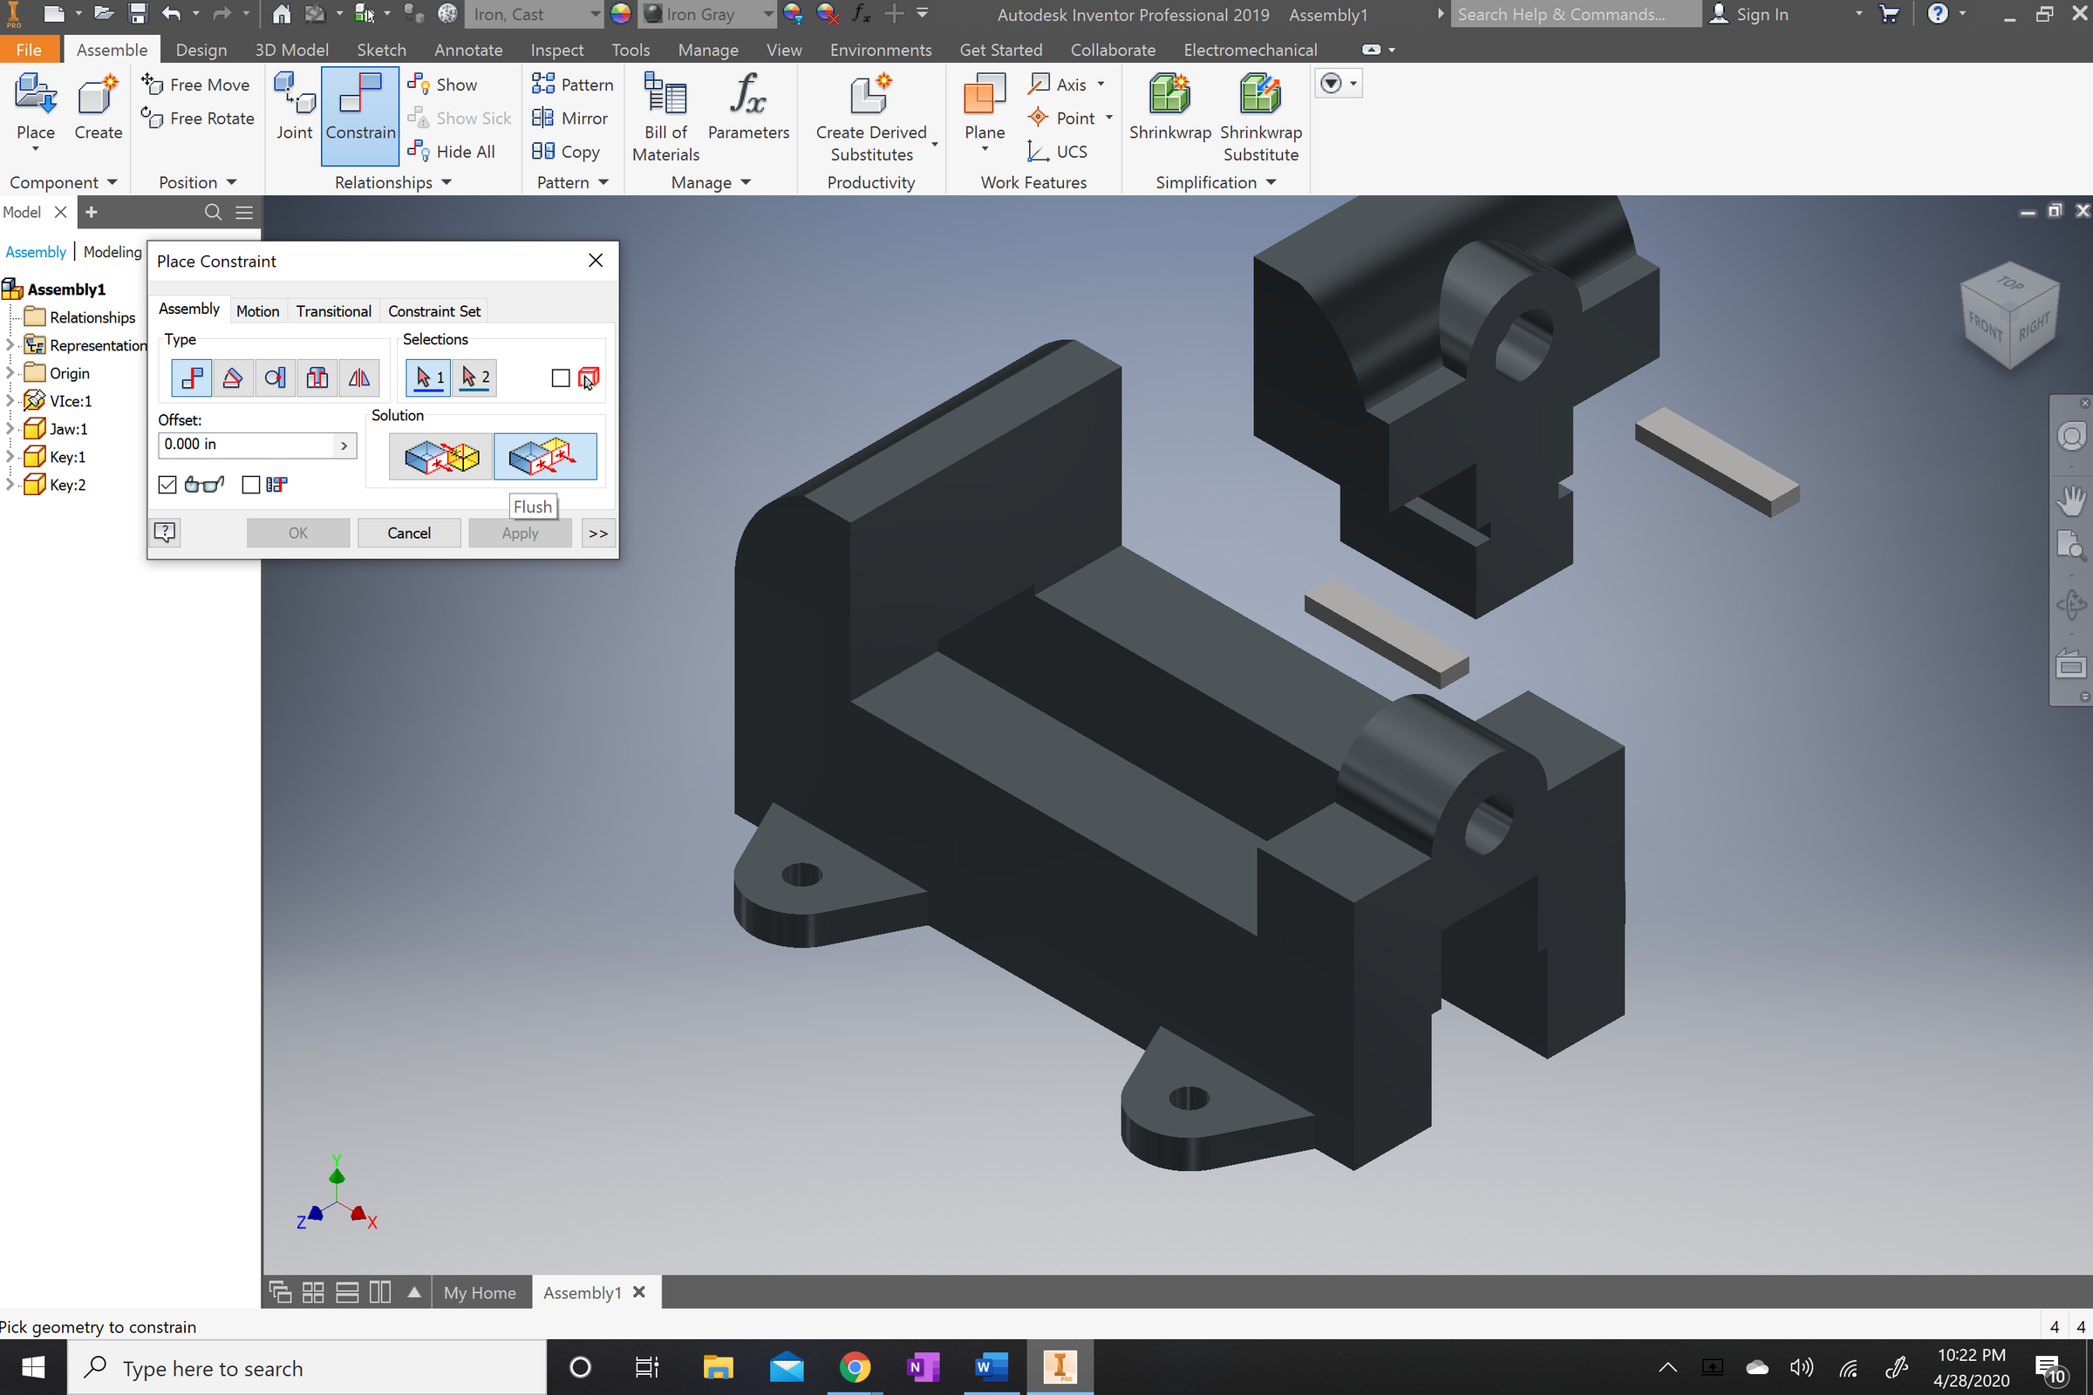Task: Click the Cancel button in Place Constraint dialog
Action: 408,533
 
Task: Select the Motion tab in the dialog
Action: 257,311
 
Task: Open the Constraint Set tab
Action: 433,311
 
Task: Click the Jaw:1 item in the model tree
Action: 68,429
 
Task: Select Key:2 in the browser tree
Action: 68,485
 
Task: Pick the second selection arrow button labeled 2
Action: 475,378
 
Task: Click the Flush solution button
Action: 544,457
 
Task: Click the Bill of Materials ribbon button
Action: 665,117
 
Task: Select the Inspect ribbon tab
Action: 556,50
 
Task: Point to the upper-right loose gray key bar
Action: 1716,461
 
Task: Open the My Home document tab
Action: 480,1293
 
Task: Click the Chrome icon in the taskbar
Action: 855,1367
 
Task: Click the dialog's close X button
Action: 596,261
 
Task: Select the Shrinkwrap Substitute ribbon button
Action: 1260,117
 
